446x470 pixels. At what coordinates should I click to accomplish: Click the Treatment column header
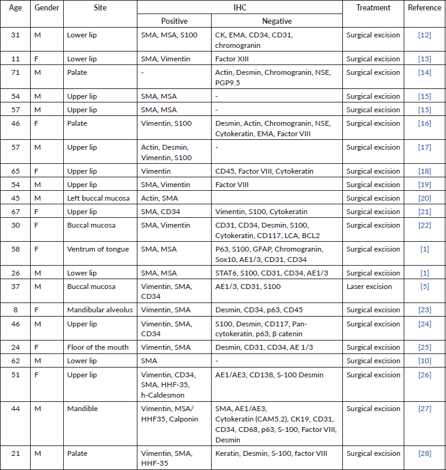point(373,8)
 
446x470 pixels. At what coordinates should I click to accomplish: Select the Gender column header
point(47,8)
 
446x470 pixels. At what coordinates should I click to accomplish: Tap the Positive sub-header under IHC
point(174,21)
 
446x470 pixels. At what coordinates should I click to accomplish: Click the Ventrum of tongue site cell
point(98,249)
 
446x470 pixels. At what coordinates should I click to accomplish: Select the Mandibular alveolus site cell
point(99,310)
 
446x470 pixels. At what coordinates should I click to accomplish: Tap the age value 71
point(15,72)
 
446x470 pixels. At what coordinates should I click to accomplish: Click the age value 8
point(15,310)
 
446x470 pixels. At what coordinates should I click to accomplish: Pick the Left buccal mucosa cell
point(98,198)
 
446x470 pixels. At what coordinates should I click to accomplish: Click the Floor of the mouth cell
point(98,347)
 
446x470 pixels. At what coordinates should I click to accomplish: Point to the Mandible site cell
point(82,408)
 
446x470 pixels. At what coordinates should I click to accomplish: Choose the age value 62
point(15,361)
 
